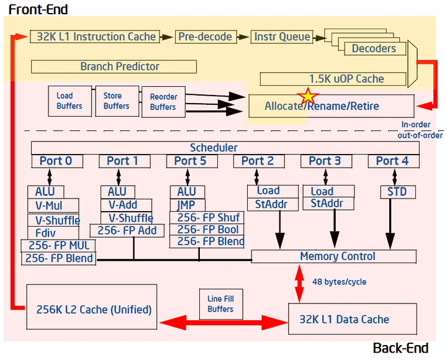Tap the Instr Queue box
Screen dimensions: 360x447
click(x=282, y=37)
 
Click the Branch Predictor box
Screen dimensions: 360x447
click(x=114, y=66)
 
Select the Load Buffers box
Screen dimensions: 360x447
click(x=69, y=101)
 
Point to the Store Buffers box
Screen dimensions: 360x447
click(x=117, y=101)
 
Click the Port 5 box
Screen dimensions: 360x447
click(x=190, y=161)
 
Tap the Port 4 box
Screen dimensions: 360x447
click(x=392, y=161)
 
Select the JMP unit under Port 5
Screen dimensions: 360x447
click(x=186, y=205)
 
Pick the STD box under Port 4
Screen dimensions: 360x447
click(x=397, y=192)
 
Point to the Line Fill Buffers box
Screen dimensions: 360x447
click(x=220, y=304)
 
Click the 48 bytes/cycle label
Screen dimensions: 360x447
click(x=339, y=282)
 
